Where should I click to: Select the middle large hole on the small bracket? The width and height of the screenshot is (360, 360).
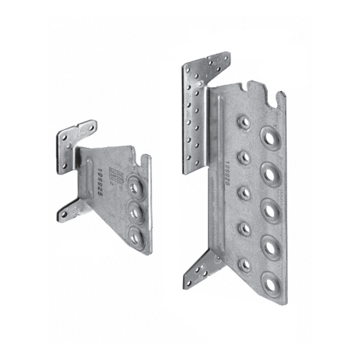point(136,213)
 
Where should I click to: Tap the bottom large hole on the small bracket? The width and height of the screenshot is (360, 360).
point(136,238)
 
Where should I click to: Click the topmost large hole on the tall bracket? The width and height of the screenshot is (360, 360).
point(270,137)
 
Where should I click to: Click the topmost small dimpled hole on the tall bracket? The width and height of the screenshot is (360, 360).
point(244,123)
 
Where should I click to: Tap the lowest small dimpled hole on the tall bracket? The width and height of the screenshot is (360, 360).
point(244,265)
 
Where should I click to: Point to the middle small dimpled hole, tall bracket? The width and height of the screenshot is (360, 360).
point(244,193)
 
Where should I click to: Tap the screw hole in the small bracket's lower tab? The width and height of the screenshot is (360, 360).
point(64,214)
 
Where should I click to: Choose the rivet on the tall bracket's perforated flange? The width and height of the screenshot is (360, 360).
point(200,84)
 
